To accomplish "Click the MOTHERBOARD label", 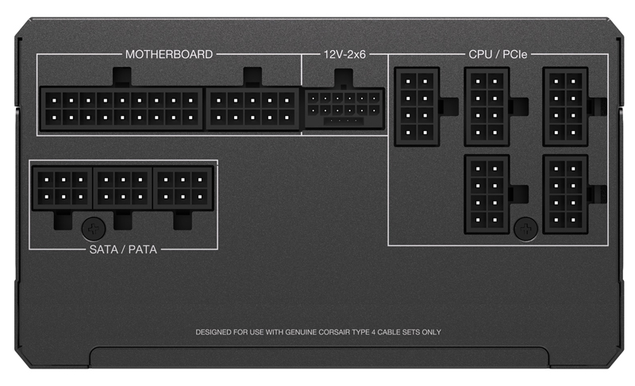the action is click(169, 54).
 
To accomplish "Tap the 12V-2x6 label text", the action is click(344, 54).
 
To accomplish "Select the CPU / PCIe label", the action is click(498, 54).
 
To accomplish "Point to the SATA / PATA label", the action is click(123, 249).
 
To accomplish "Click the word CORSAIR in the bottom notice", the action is click(334, 332).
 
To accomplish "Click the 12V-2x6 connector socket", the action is click(344, 109).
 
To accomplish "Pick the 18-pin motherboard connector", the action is click(121, 109).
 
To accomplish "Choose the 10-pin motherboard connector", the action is click(252, 109).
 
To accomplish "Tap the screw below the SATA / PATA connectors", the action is click(94, 230).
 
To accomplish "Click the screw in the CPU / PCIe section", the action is click(525, 229).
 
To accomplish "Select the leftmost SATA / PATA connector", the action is click(63, 188).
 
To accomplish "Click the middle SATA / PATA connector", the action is click(123, 188).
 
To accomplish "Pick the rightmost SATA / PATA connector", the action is click(183, 188).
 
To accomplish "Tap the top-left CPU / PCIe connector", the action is click(417, 106).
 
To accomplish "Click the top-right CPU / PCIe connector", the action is click(565, 106).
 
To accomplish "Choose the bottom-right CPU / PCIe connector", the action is click(565, 195).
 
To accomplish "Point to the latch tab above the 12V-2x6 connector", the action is click(344, 78).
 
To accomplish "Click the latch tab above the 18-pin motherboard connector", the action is click(121, 77).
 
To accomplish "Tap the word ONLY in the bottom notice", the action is click(431, 332).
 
